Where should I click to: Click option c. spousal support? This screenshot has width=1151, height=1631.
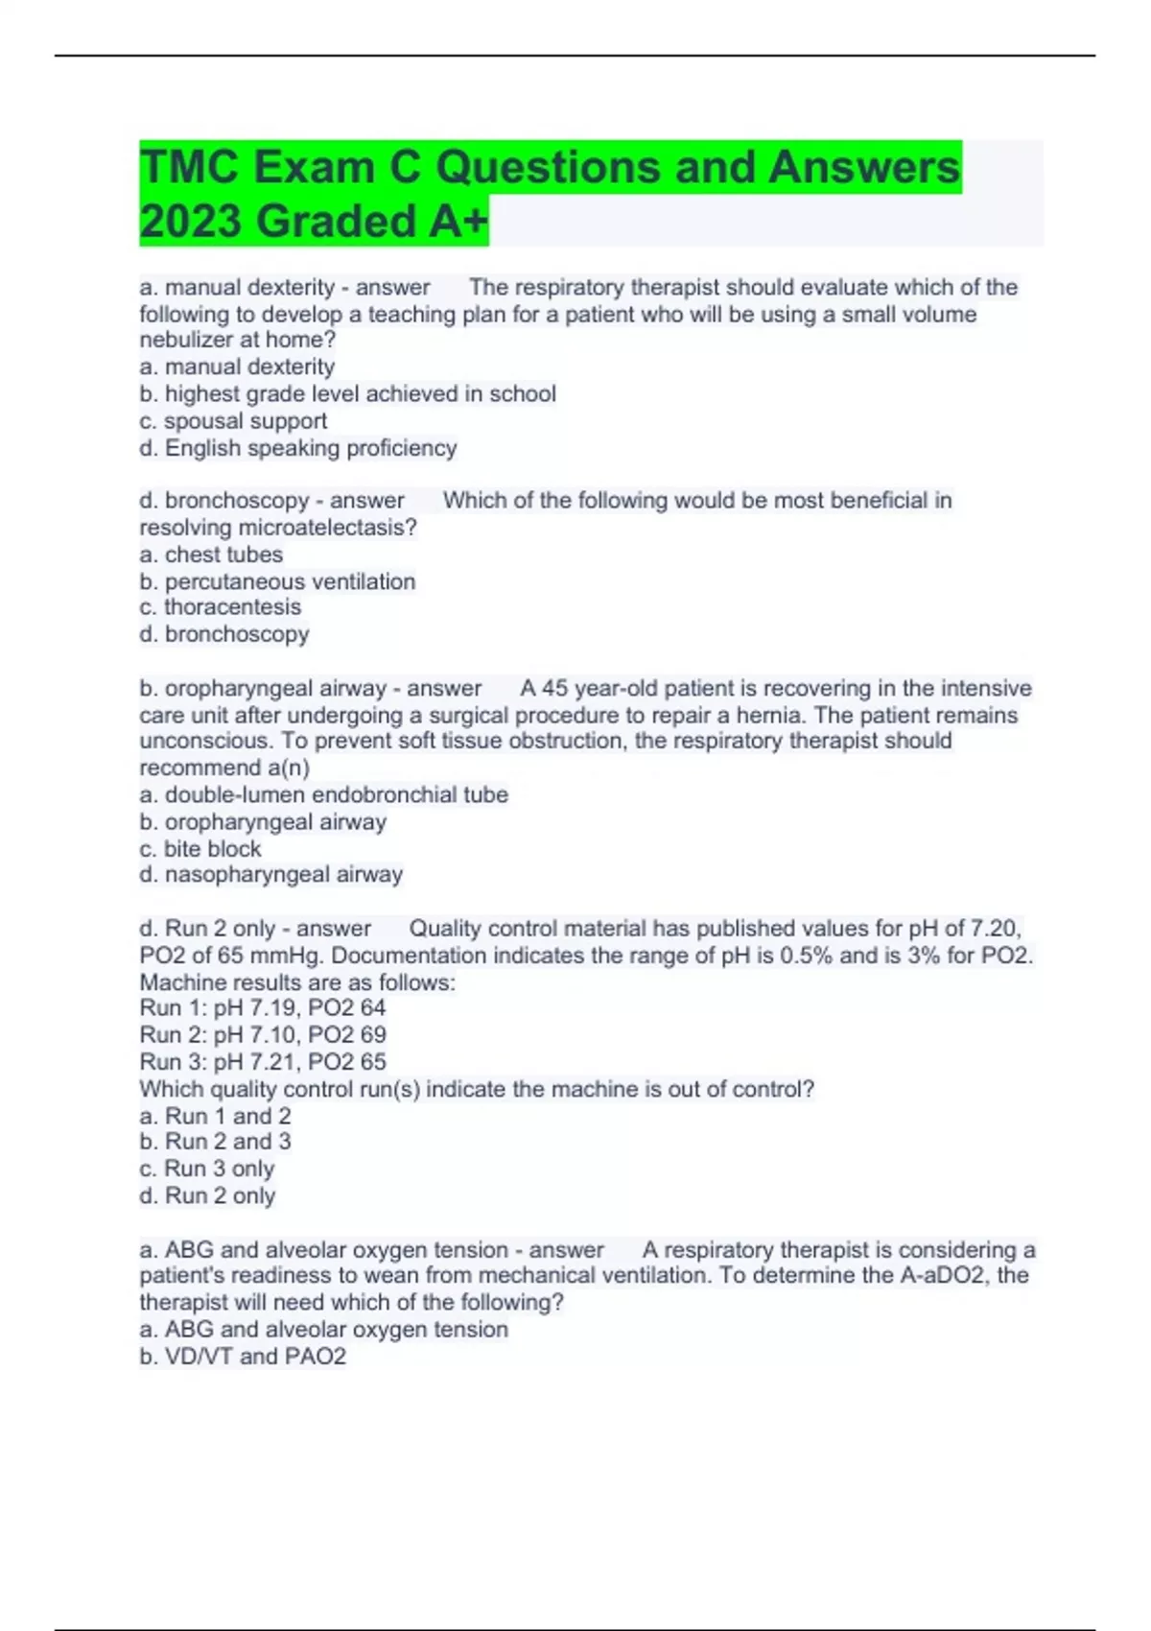(233, 421)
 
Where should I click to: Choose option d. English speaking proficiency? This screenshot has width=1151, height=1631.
(297, 448)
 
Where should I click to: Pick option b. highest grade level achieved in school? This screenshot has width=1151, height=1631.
(347, 394)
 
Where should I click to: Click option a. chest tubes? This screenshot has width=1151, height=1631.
(211, 555)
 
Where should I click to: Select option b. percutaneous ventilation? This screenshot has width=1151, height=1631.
(277, 581)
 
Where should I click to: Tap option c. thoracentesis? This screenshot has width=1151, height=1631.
(220, 607)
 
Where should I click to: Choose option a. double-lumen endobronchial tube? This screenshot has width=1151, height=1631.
(323, 794)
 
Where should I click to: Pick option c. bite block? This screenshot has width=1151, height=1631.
(200, 849)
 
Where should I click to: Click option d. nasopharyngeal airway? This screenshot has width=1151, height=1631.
(270, 875)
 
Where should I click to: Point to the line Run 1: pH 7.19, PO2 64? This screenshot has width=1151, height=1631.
(262, 1008)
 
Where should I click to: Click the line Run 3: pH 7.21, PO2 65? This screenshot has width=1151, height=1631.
(262, 1062)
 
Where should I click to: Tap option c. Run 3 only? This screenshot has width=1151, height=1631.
(206, 1169)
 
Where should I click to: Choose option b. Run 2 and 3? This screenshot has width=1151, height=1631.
(215, 1142)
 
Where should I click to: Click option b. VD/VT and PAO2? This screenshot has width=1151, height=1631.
(242, 1357)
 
